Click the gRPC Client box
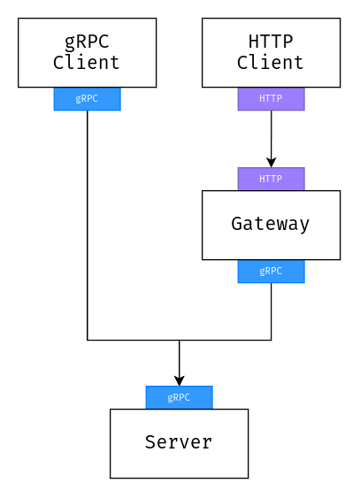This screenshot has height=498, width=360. (x=88, y=53)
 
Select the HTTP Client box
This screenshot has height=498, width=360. (x=272, y=53)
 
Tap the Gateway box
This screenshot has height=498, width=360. (x=272, y=226)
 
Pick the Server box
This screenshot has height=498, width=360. (x=179, y=443)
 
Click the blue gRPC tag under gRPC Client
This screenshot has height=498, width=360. (x=88, y=99)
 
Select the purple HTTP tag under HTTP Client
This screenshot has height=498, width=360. (x=272, y=99)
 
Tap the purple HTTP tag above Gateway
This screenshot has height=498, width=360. (x=272, y=179)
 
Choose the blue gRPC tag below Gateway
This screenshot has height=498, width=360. (x=272, y=272)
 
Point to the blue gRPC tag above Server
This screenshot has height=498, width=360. (x=179, y=397)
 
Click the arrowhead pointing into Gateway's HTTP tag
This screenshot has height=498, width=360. (x=272, y=162)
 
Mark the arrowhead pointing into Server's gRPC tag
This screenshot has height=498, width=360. (x=180, y=381)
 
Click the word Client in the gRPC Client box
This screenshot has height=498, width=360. (x=87, y=63)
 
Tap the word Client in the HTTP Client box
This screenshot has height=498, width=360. (x=270, y=63)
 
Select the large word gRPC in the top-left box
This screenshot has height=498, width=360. (x=87, y=42)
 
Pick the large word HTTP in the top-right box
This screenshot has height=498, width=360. (x=271, y=42)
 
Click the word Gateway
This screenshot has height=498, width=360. (x=270, y=225)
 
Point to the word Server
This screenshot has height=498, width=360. (x=179, y=442)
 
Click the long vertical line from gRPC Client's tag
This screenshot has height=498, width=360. (x=88, y=226)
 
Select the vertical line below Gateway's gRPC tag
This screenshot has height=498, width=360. (x=272, y=311)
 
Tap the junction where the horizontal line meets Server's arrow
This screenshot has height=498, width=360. (x=180, y=341)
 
